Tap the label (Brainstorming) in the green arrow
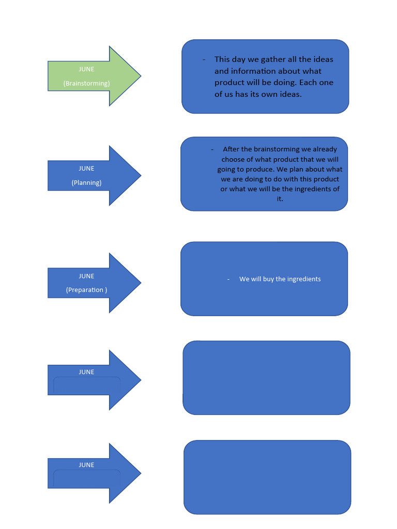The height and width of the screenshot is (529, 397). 86,83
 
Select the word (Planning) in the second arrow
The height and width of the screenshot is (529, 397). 86,182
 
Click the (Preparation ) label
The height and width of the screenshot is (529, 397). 86,290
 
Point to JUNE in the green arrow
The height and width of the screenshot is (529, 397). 86,69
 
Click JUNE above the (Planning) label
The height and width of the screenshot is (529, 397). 86,168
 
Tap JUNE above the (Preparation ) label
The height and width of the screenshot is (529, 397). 86,276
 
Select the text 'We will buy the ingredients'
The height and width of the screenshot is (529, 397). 280,279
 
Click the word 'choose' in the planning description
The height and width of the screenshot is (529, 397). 233,159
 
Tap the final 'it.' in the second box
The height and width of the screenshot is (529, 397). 280,199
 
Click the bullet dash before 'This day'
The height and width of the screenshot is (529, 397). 204,59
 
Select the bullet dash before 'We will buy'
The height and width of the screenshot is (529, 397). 228,279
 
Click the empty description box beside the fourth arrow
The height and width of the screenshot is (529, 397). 266,378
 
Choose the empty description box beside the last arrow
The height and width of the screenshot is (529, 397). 267,477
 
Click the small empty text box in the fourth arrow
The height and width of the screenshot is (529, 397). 86,386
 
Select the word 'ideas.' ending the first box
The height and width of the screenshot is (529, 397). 289,95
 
